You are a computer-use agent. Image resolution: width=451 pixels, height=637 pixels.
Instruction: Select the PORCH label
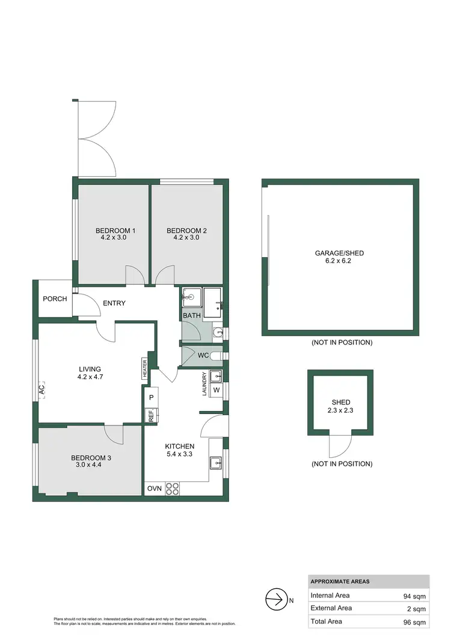pos(55,299)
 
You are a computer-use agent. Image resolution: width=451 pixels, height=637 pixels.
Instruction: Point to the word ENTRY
pos(114,303)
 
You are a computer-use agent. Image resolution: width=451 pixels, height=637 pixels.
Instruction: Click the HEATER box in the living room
pos(145,368)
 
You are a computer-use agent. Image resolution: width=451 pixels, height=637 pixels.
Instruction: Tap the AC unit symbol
pos(41,389)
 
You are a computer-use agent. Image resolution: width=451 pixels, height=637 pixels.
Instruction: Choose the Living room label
pos(89,369)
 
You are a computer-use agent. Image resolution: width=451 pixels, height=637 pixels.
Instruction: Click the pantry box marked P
pos(151,398)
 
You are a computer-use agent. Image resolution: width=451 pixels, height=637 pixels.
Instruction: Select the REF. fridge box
pos(151,415)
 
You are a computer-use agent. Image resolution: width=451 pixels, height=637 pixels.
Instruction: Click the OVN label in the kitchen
pos(154,489)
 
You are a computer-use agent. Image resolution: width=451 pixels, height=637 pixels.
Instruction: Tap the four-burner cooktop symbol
pos(173,489)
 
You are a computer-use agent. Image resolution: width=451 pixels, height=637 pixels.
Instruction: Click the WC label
pos(203,355)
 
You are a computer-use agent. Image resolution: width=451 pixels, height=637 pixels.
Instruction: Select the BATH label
pos(192,315)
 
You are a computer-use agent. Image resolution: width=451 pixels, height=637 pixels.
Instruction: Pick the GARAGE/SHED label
pos(340,253)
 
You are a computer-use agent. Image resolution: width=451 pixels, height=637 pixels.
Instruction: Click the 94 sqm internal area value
pos(414,596)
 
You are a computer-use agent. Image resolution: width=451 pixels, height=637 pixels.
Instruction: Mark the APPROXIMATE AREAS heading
pos(340,581)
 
